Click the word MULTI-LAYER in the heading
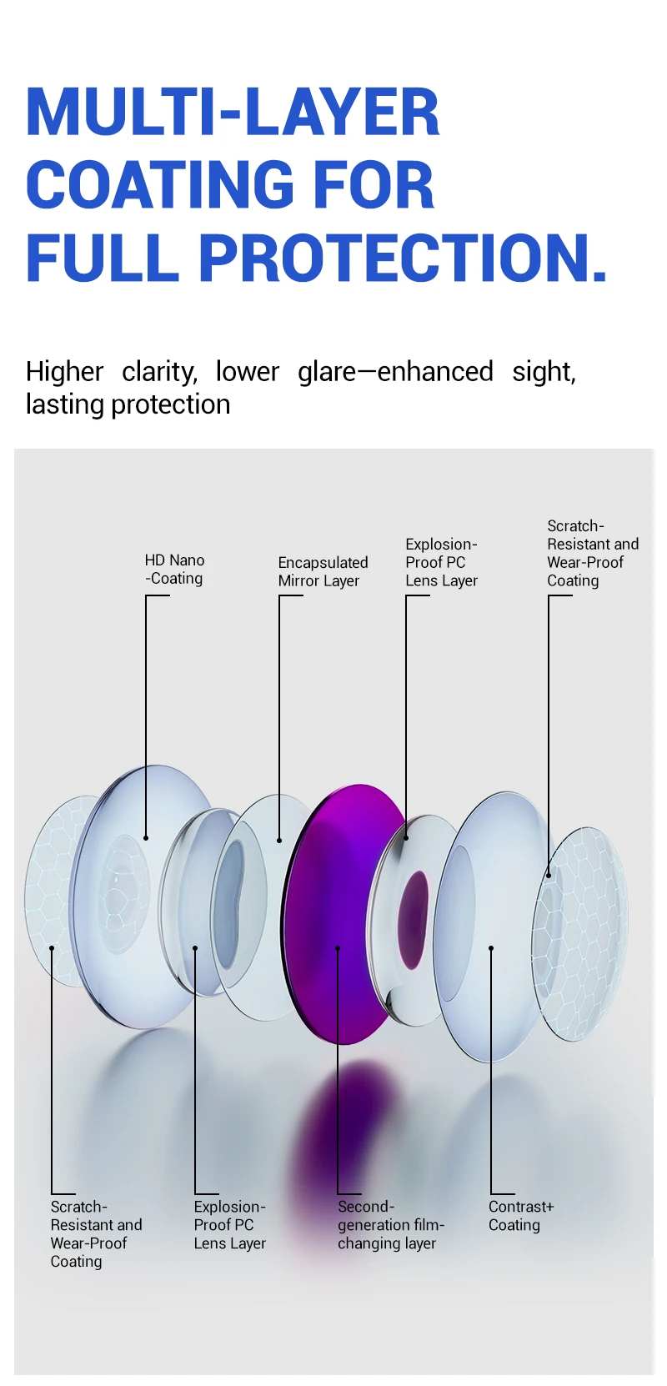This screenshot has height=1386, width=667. click(233, 112)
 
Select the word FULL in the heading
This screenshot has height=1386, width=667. click(103, 258)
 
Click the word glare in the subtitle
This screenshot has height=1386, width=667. click(327, 371)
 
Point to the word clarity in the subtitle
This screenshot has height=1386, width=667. click(159, 372)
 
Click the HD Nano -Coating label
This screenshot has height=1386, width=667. click(174, 570)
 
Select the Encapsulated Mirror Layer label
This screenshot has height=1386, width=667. click(323, 572)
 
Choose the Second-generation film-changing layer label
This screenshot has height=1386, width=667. click(391, 1224)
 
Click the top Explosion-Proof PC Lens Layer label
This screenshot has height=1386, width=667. click(442, 562)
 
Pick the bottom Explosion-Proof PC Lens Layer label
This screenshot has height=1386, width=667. click(229, 1224)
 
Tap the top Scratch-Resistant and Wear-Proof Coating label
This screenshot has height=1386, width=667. click(593, 553)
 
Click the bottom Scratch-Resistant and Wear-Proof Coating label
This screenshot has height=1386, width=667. click(97, 1233)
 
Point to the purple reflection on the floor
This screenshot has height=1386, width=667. click(347, 1145)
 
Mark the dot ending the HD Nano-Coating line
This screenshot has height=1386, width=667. click(146, 838)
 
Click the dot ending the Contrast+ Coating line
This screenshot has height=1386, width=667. click(490, 948)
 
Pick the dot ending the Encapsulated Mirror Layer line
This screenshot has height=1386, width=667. click(279, 841)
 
